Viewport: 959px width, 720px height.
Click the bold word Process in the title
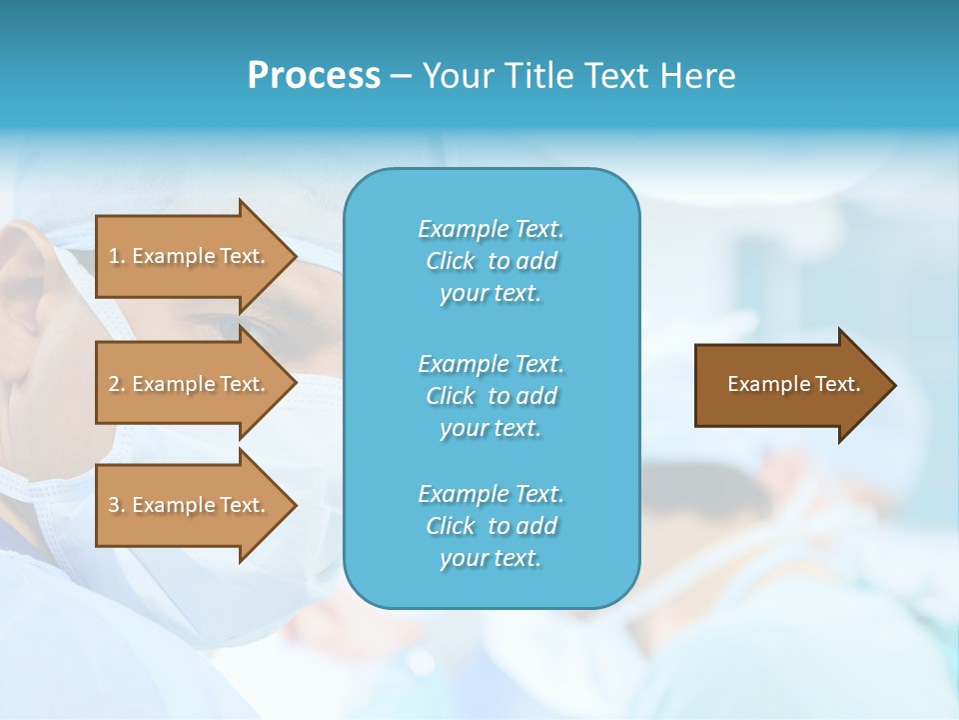[314, 76]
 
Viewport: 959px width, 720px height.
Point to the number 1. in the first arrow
[117, 256]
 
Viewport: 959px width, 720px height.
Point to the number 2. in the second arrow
[117, 384]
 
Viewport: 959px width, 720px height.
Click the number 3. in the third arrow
[117, 505]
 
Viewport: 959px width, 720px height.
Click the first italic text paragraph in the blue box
[490, 261]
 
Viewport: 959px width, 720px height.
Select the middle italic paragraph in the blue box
[490, 396]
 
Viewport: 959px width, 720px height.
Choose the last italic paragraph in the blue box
[490, 526]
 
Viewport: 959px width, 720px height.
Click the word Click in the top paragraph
[451, 261]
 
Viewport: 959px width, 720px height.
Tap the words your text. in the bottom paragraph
[490, 558]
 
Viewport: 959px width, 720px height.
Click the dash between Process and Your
[401, 76]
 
